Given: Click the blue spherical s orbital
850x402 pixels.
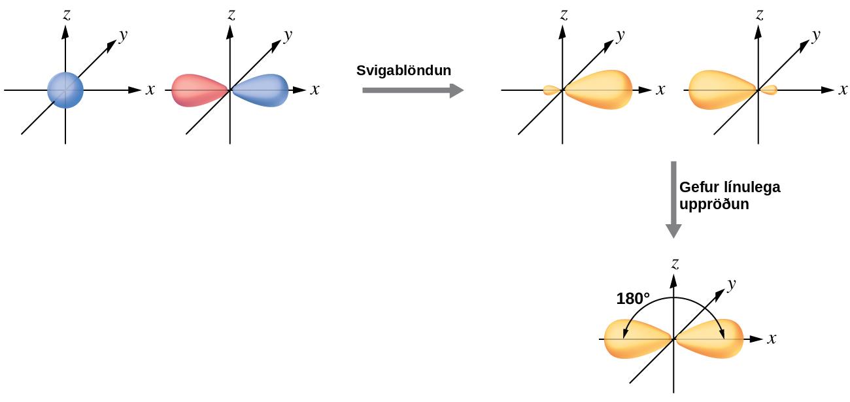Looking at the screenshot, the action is [65, 90].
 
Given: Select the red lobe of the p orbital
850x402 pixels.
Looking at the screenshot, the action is [199, 90].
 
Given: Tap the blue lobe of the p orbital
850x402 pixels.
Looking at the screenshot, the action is [260, 90].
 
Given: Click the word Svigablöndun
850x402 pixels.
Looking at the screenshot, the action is [404, 71].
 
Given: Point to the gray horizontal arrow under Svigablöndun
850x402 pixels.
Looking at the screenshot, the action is [413, 90].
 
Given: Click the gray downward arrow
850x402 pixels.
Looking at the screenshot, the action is [673, 200].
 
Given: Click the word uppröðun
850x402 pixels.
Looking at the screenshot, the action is [714, 205].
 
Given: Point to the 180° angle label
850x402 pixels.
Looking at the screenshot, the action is [633, 299].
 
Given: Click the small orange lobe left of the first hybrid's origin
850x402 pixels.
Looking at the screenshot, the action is [552, 90].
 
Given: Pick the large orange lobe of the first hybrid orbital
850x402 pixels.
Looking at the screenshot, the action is [598, 90].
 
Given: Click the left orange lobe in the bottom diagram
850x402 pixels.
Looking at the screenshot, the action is [638, 339].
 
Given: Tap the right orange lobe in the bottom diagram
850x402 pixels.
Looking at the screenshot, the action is [709, 339].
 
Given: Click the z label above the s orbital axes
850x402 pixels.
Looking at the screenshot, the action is [67, 15].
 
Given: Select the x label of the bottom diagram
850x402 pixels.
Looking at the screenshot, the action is [772, 339].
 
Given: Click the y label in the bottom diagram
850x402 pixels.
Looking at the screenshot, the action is [732, 285].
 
